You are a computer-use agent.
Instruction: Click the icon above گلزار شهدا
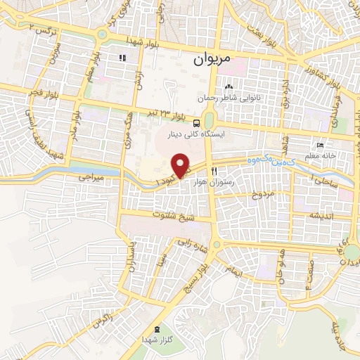click(155, 328)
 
